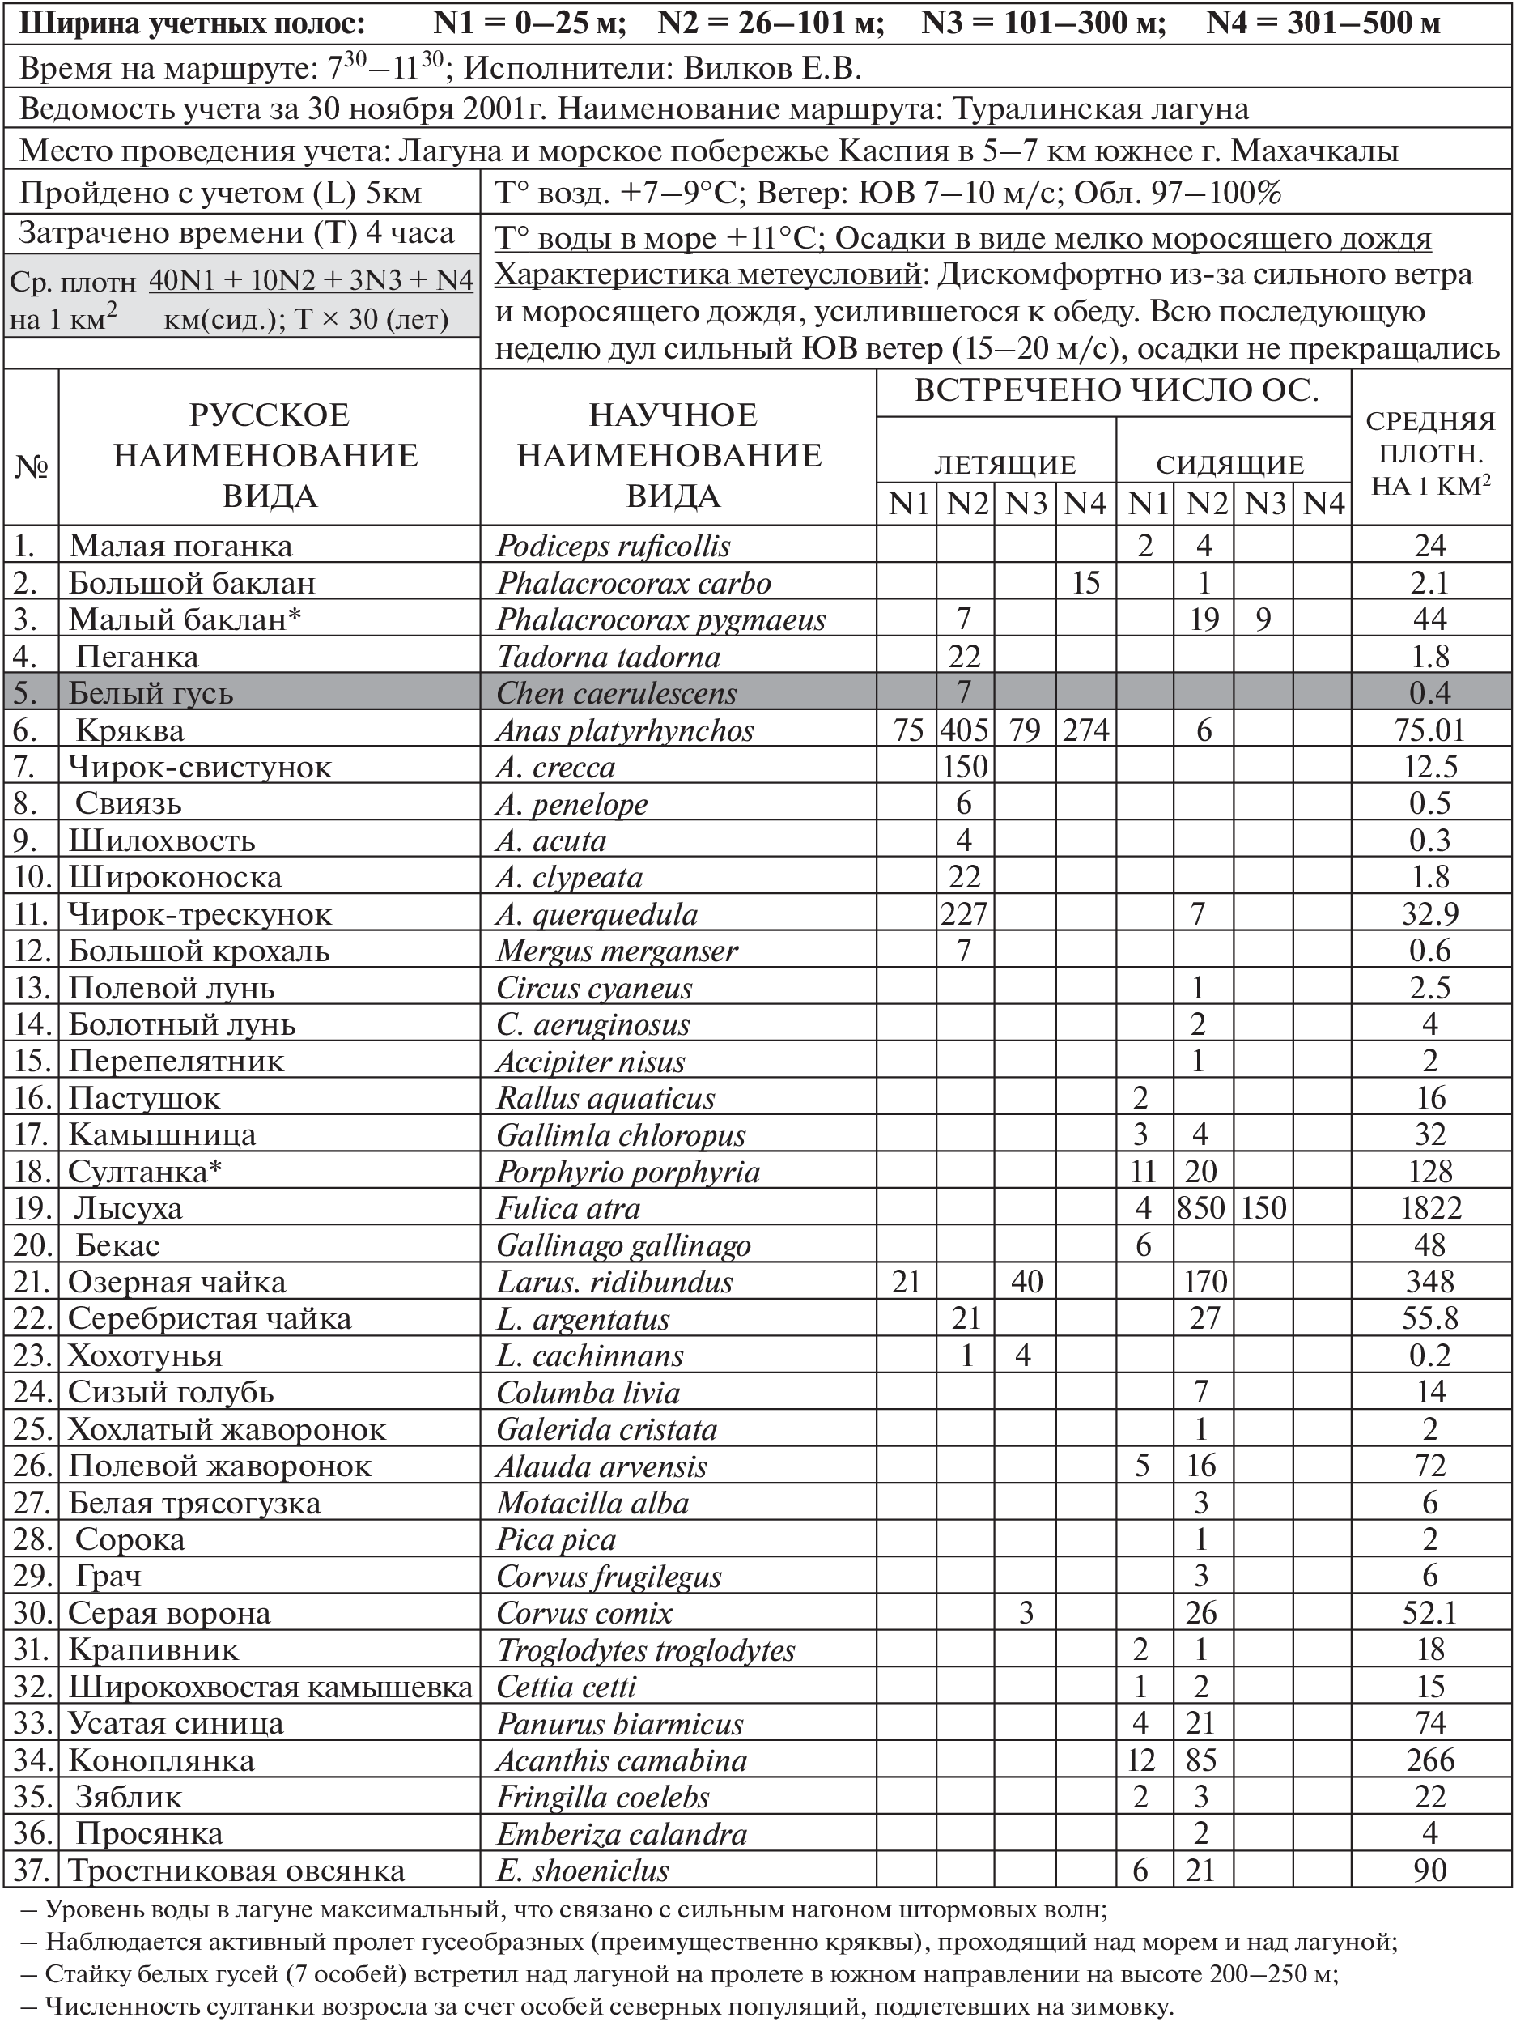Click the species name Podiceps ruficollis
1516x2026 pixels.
pos(614,547)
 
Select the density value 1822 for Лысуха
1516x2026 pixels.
pos(1430,1209)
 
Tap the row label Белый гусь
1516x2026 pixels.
pos(151,693)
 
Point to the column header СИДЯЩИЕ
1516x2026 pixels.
pos(1230,464)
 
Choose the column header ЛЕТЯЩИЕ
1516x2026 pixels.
pos(1004,464)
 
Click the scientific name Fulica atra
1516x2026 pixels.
pos(567,1209)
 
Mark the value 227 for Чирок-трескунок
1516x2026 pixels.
pos(965,915)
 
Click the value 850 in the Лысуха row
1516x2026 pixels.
pos(1201,1209)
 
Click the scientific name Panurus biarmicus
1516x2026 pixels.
pos(620,1724)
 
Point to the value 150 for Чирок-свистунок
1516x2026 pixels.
pos(965,768)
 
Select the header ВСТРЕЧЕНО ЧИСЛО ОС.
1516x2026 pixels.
pos(1116,391)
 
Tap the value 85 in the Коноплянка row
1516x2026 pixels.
pos(1201,1760)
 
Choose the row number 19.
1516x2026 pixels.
pos(32,1209)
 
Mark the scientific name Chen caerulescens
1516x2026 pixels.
pos(616,693)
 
